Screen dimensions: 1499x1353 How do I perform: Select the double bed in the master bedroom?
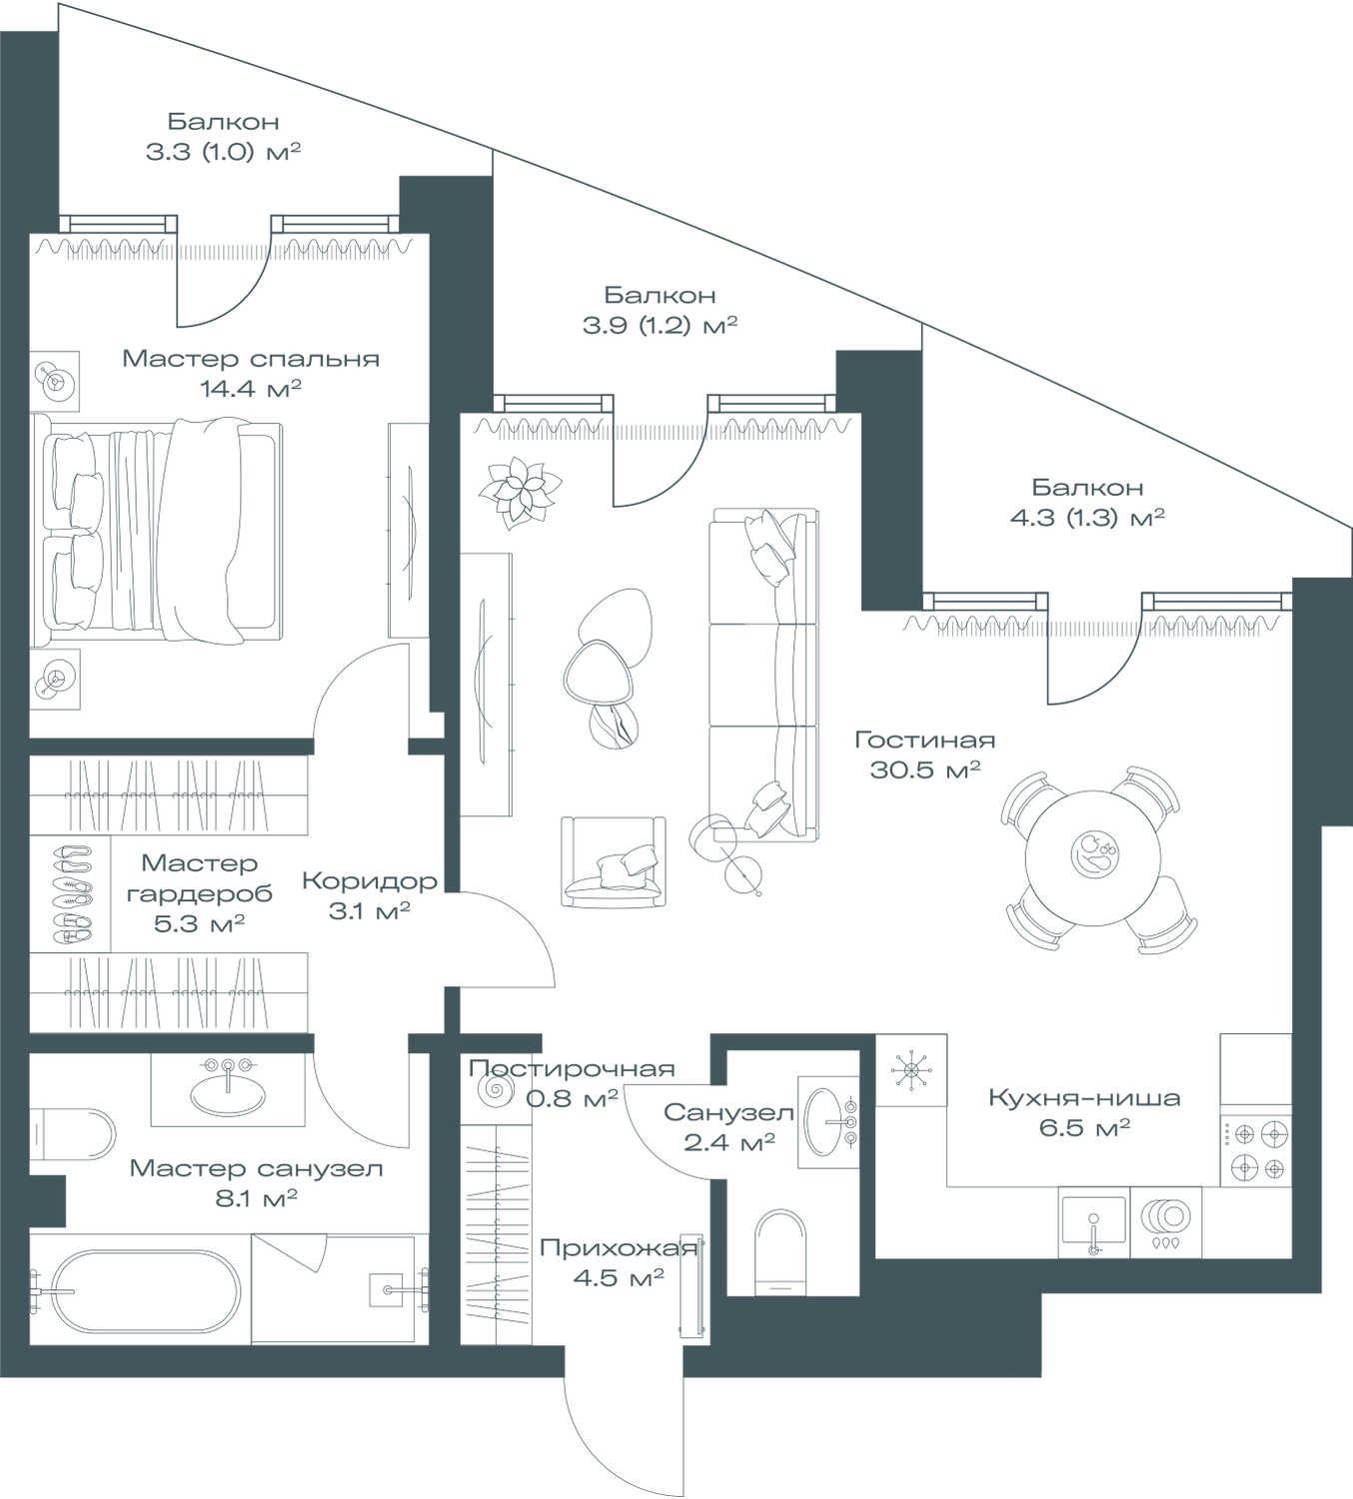(163, 530)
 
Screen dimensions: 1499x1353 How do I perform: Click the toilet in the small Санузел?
(780, 1249)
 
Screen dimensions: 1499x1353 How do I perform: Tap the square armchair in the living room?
(613, 861)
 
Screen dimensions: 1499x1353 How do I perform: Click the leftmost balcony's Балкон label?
(223, 121)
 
